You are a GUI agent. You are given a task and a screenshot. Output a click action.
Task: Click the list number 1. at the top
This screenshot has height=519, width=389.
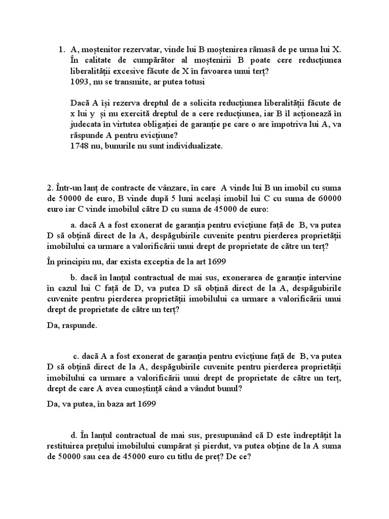click(62, 50)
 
